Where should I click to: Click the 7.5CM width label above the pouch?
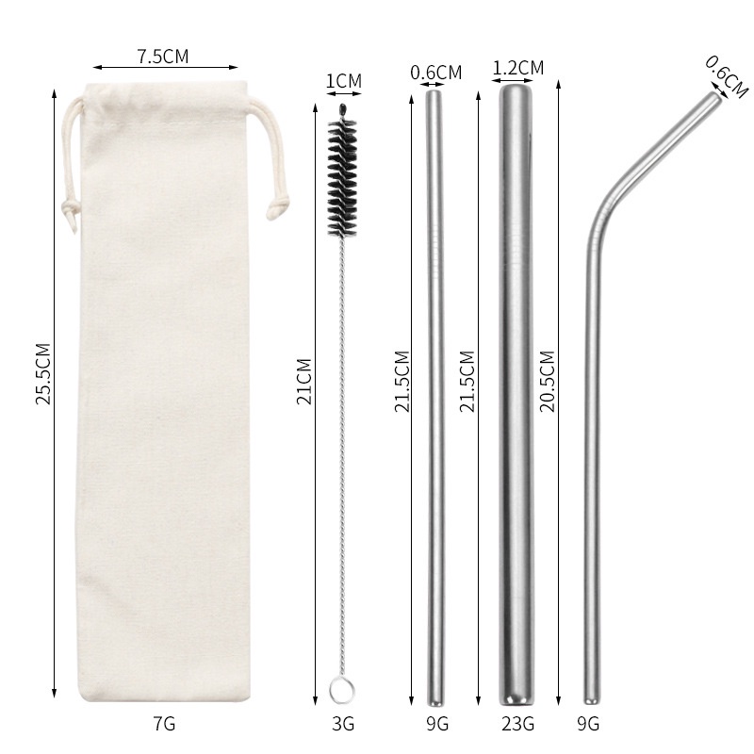[x=163, y=57]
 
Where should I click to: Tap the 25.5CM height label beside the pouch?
[x=43, y=373]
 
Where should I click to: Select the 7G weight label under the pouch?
[x=164, y=723]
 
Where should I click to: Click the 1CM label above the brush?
[x=344, y=81]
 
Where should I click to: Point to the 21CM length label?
[x=304, y=382]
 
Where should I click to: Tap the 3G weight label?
[x=343, y=723]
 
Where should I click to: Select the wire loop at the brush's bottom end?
[x=342, y=689]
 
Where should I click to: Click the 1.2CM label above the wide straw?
[x=517, y=68]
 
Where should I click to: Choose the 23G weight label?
[x=517, y=723]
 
